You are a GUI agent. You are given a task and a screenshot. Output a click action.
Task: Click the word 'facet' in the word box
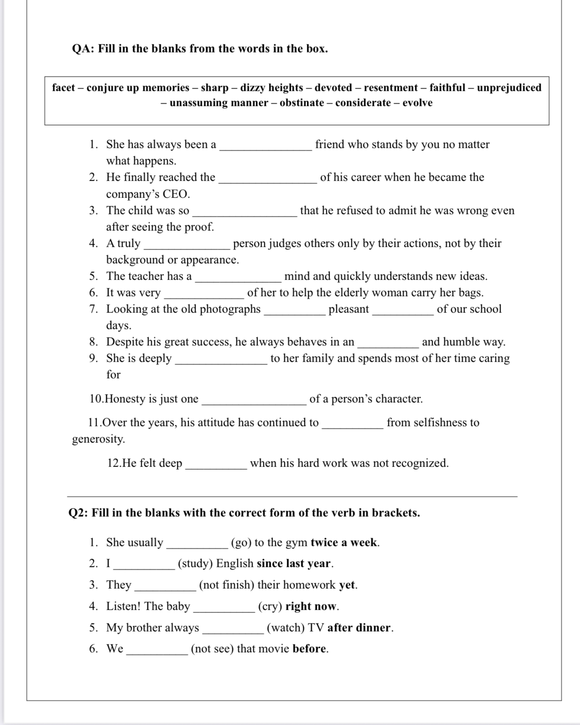pos(63,88)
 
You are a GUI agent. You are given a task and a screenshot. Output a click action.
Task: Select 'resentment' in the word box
pos(391,88)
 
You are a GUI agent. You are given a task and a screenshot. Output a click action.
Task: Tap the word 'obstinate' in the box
pos(302,103)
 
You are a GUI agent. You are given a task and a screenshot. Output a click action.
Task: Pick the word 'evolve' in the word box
pos(417,103)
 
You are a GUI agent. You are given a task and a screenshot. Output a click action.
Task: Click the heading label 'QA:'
pos(83,49)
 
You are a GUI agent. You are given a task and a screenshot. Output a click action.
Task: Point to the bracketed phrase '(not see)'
pos(212,649)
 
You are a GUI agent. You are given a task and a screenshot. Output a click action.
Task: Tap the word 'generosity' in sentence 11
pos(98,439)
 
